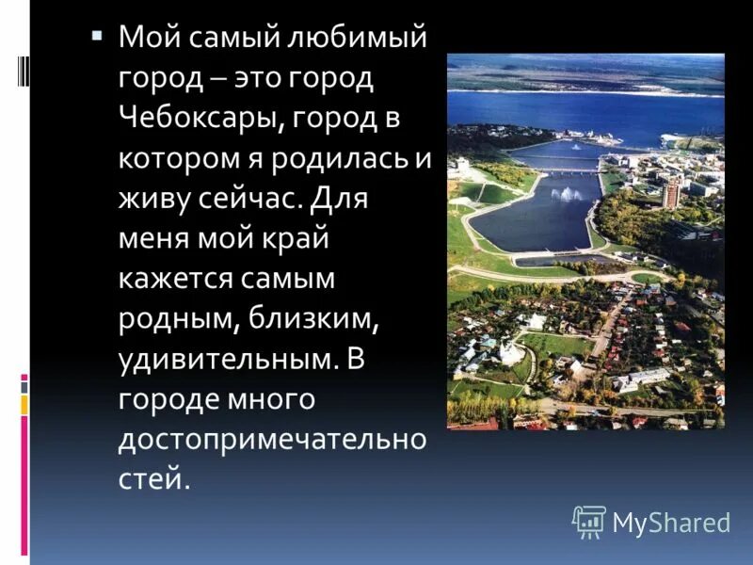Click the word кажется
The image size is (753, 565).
click(180, 279)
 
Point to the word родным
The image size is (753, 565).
click(178, 319)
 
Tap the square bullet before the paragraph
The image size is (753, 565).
click(96, 36)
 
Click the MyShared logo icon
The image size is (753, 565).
click(589, 521)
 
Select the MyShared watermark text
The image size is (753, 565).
click(671, 522)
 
